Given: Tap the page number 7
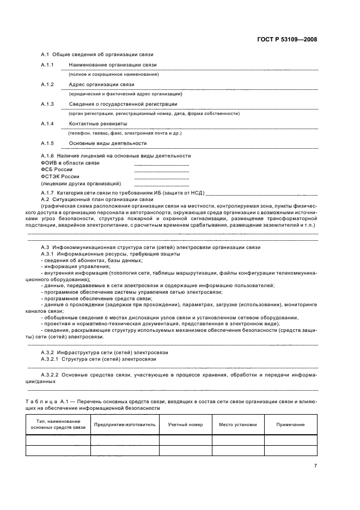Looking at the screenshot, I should point(315,465).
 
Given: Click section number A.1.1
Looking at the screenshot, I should point(47,65).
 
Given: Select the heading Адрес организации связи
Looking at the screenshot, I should point(101,84).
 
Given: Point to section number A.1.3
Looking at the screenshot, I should point(47,104).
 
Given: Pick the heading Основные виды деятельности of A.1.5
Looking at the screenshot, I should point(108,143).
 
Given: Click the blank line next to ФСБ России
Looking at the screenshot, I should point(161,170).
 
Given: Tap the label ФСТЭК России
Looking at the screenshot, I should point(60,177).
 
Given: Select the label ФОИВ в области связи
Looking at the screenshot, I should point(70,163).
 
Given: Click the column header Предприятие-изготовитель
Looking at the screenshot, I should point(125,424).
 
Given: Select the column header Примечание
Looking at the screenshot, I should point(290,424).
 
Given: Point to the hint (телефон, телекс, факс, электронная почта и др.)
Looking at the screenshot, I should point(125,133).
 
